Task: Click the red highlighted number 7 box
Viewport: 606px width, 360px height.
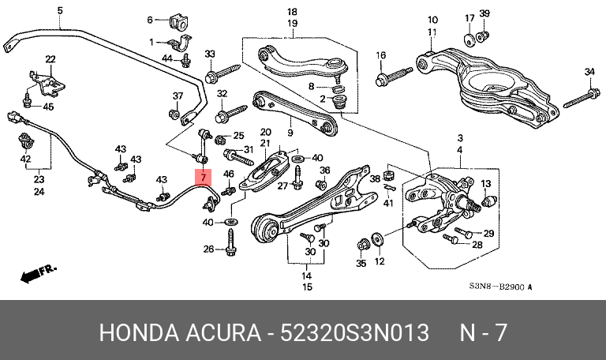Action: pyautogui.click(x=204, y=178)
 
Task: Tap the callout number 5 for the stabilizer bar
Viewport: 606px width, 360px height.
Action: pyautogui.click(x=60, y=10)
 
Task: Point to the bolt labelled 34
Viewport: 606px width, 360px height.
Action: pyautogui.click(x=582, y=99)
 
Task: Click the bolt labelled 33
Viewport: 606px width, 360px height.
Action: pyautogui.click(x=223, y=74)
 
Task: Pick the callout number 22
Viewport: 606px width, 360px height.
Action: pyautogui.click(x=50, y=59)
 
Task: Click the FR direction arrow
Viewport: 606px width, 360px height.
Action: pyautogui.click(x=38, y=272)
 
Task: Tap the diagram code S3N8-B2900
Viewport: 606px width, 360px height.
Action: pyautogui.click(x=497, y=287)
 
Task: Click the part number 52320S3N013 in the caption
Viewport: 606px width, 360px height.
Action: pyautogui.click(x=354, y=332)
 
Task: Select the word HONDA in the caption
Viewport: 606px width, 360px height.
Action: pyautogui.click(x=139, y=332)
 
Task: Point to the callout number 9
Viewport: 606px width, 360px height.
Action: pyautogui.click(x=290, y=133)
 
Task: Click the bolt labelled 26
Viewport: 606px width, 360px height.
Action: pyautogui.click(x=230, y=242)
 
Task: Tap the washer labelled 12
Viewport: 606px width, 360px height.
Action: pyautogui.click(x=376, y=239)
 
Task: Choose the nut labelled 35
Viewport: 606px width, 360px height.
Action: pyautogui.click(x=363, y=245)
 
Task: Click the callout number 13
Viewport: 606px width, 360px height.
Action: pyautogui.click(x=485, y=184)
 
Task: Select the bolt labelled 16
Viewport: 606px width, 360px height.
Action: pyautogui.click(x=394, y=77)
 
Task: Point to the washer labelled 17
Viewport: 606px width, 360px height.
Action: pyautogui.click(x=469, y=40)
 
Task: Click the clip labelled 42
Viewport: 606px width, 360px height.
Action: pyautogui.click(x=26, y=141)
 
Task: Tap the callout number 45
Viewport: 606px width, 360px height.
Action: pyautogui.click(x=48, y=107)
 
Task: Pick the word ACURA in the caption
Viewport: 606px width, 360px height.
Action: pyautogui.click(x=223, y=332)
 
